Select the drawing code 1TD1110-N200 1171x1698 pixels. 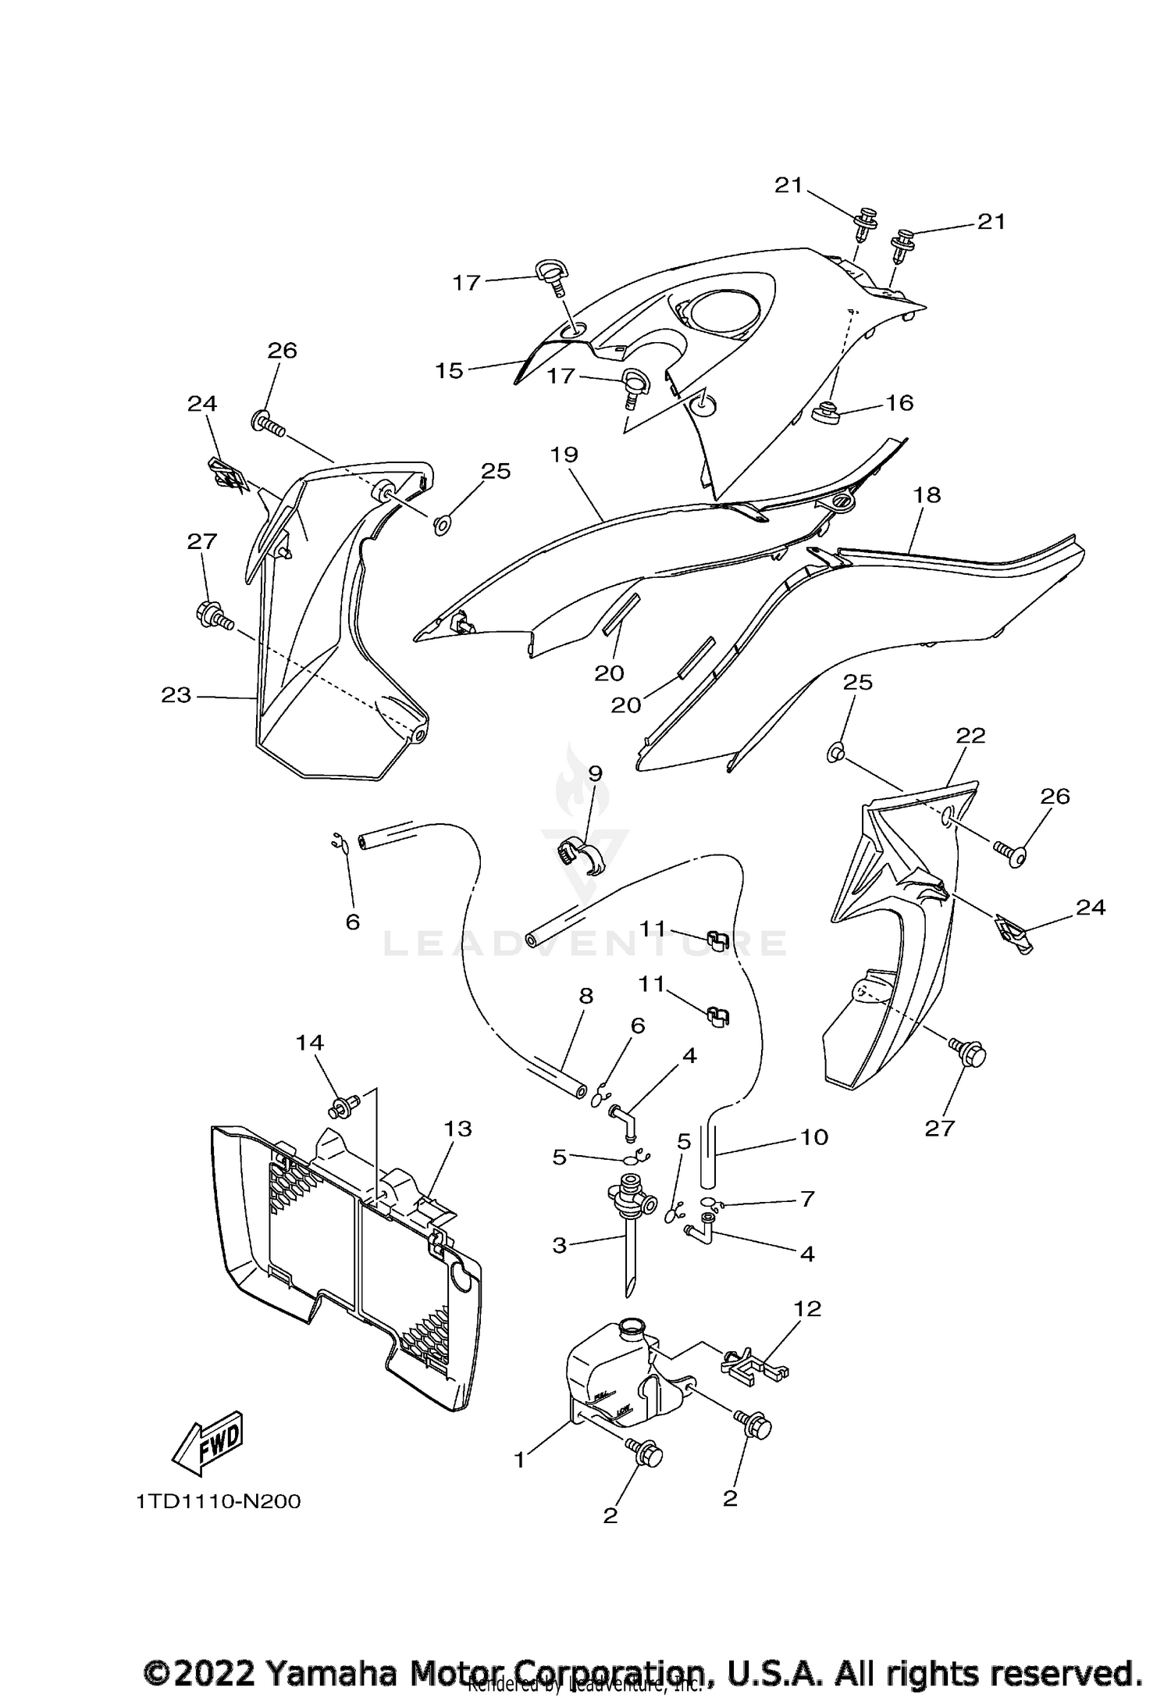[x=219, y=1502]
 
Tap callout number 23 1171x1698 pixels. [x=176, y=694]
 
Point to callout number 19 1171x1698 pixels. [x=564, y=454]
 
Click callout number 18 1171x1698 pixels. [x=927, y=494]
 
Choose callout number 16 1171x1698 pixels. [x=899, y=402]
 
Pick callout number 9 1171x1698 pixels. [x=595, y=773]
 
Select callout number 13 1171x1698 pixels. [x=458, y=1128]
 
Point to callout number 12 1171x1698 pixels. [x=808, y=1308]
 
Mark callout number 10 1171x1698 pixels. [x=813, y=1136]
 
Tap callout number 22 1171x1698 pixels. [x=970, y=735]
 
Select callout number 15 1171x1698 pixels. [x=450, y=370]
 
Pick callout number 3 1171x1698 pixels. [x=560, y=1244]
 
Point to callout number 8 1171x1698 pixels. [x=586, y=996]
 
